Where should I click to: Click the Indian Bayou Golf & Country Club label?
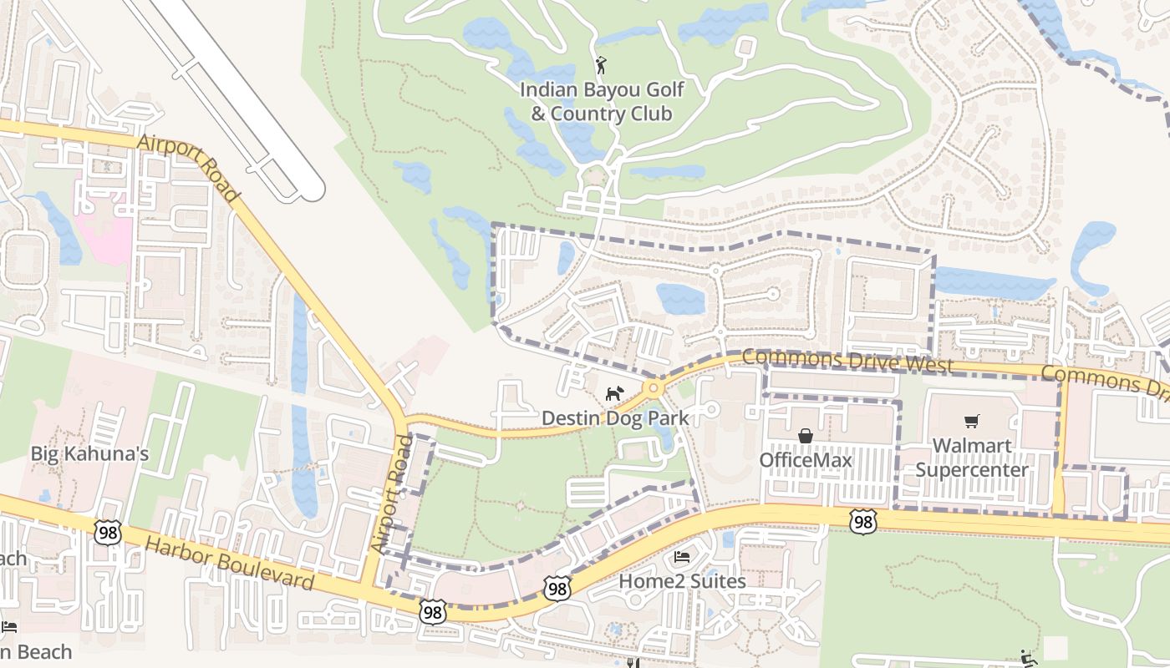pyautogui.click(x=602, y=101)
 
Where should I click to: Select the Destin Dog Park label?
pyautogui.click(x=614, y=417)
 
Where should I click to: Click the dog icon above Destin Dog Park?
pyautogui.click(x=614, y=392)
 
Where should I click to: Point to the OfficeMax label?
pyautogui.click(x=805, y=460)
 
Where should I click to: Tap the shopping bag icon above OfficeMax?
pyautogui.click(x=805, y=435)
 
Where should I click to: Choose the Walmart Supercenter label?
pyautogui.click(x=971, y=458)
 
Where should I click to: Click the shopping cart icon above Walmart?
pyautogui.click(x=971, y=422)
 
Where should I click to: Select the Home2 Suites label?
pyautogui.click(x=682, y=580)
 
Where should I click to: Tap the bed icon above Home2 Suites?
pyautogui.click(x=682, y=556)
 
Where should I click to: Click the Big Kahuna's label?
pyautogui.click(x=89, y=453)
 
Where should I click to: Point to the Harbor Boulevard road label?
pyautogui.click(x=229, y=564)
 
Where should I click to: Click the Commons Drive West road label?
pyautogui.click(x=847, y=361)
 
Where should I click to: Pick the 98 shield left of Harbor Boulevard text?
pyautogui.click(x=107, y=532)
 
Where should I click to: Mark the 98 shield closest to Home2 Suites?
pyautogui.click(x=557, y=587)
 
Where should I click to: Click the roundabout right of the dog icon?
pyautogui.click(x=653, y=388)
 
